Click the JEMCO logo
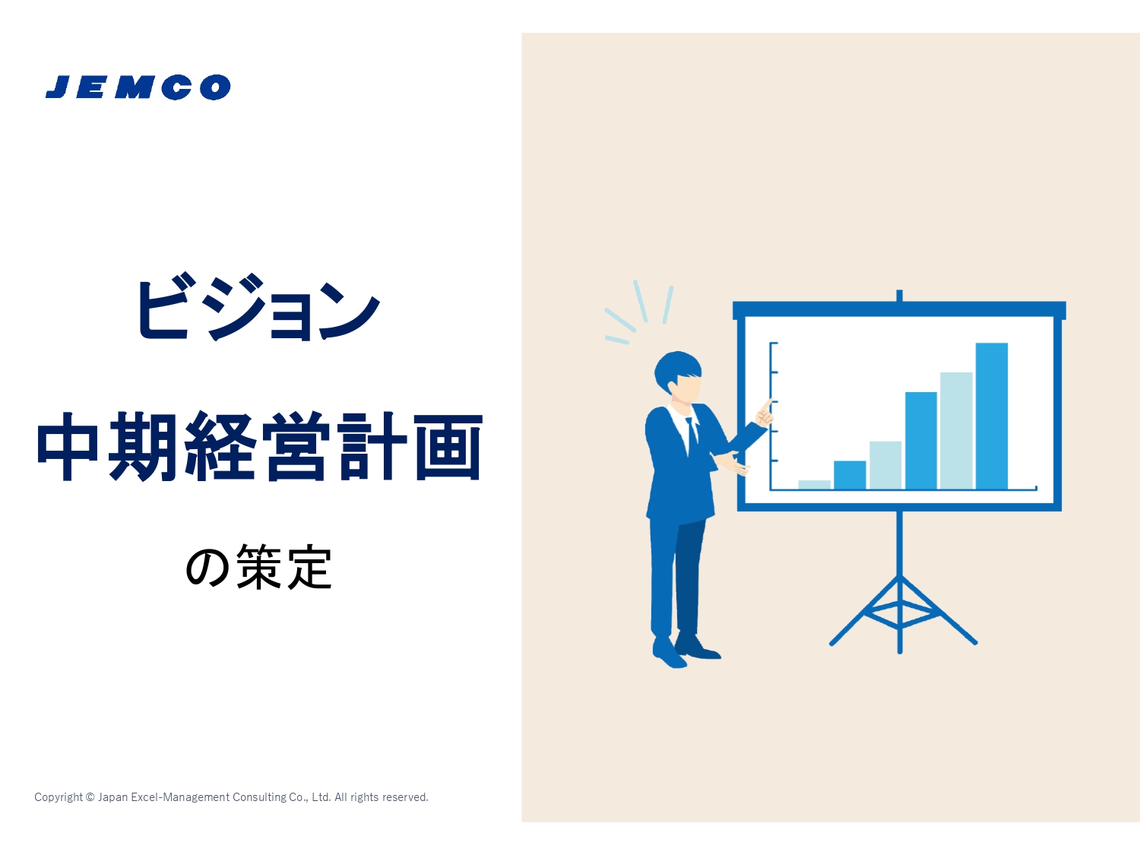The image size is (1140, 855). tap(138, 87)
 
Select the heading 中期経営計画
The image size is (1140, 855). tap(260, 446)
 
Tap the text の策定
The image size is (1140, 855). tap(258, 567)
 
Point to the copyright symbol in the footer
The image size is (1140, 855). tap(90, 796)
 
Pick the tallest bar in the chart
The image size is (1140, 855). tap(992, 416)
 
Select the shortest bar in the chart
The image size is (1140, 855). tap(814, 484)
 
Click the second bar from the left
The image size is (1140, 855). tap(850, 475)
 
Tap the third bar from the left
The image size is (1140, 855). tap(885, 465)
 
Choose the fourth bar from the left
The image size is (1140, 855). tap(921, 440)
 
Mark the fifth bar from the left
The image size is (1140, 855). tap(956, 431)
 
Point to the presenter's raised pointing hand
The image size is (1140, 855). tap(765, 413)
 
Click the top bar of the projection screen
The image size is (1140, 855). tap(899, 310)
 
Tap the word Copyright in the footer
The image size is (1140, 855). tap(59, 797)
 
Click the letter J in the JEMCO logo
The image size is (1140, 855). tap(59, 87)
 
